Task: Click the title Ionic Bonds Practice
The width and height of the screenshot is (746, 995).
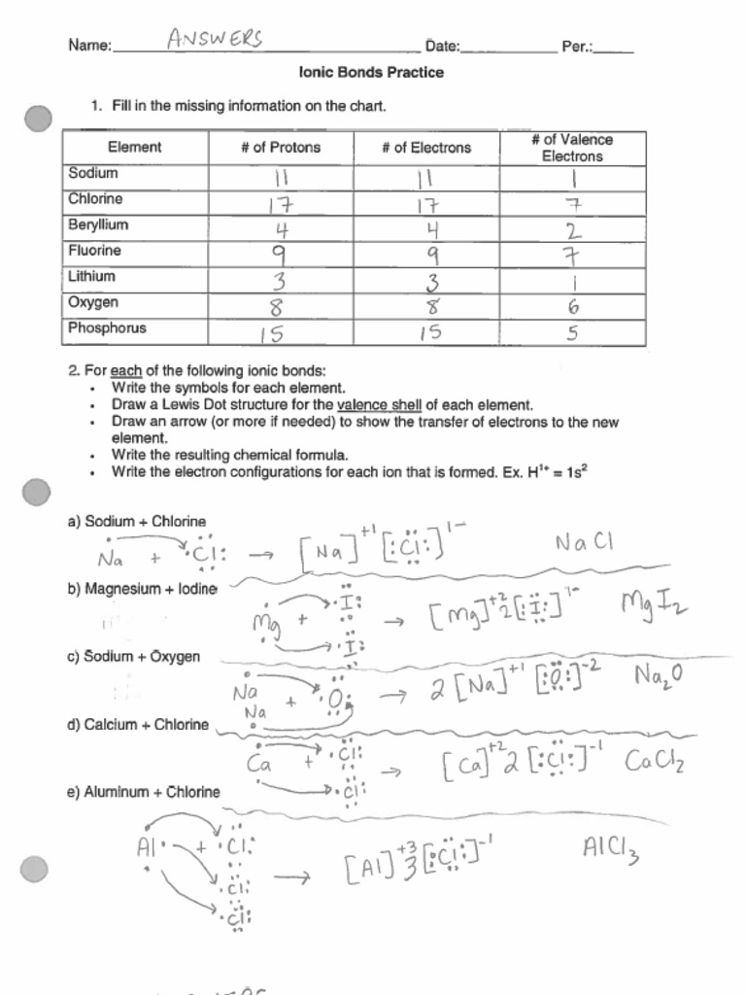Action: click(372, 73)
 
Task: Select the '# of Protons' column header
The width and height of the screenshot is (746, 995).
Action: click(281, 148)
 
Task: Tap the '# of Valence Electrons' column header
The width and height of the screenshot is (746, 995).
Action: click(572, 148)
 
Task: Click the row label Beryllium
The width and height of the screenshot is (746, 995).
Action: click(98, 224)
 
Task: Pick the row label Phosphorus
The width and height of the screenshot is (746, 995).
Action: click(107, 328)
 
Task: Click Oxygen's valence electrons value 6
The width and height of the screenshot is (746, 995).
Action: click(573, 307)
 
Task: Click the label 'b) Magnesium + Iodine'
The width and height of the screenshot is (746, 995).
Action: click(142, 589)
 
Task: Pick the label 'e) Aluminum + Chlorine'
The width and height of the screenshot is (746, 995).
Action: click(144, 792)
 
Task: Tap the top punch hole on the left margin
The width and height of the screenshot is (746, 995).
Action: click(38, 120)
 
